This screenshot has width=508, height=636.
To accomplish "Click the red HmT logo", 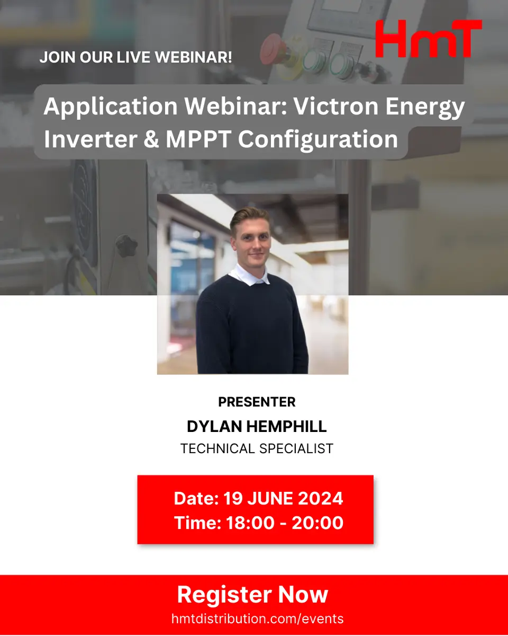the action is [429, 38].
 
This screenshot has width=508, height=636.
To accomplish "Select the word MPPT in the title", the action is [198, 139].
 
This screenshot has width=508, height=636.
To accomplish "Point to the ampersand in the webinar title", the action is [151, 139].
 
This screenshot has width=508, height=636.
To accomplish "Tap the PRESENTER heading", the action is [257, 402].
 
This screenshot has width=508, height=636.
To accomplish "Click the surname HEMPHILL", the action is [287, 427].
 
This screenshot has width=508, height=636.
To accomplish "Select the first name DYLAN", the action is [215, 427].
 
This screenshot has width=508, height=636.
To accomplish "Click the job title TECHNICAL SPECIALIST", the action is [257, 448].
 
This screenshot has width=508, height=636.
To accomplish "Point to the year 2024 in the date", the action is [320, 498].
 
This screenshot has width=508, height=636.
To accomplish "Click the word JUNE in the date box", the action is [270, 498].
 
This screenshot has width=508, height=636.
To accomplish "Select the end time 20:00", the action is [317, 523].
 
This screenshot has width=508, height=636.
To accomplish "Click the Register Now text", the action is [252, 594].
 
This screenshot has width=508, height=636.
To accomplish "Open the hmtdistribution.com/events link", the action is [257, 619].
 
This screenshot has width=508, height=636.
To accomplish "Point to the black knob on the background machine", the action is [126, 245].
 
